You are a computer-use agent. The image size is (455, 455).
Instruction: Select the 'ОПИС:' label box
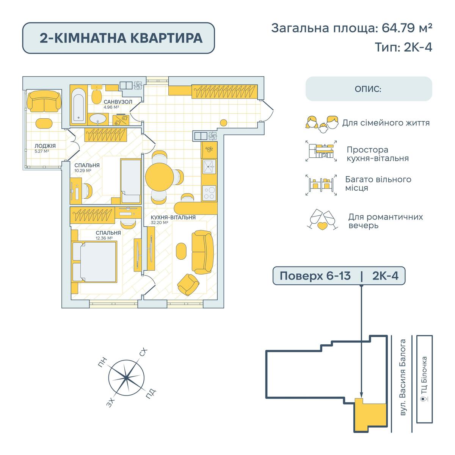click(x=369, y=89)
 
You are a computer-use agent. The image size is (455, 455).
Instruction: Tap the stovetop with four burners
click(x=209, y=192)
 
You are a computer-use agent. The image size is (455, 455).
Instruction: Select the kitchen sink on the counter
click(x=209, y=165)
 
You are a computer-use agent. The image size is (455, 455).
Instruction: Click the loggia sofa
click(x=44, y=101)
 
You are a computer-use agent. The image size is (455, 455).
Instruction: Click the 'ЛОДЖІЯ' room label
click(x=45, y=146)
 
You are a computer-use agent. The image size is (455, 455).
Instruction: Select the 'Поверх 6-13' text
click(x=315, y=276)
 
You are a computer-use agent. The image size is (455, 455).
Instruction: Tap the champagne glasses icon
click(x=322, y=220)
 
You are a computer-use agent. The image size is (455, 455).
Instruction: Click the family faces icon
click(x=322, y=123)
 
